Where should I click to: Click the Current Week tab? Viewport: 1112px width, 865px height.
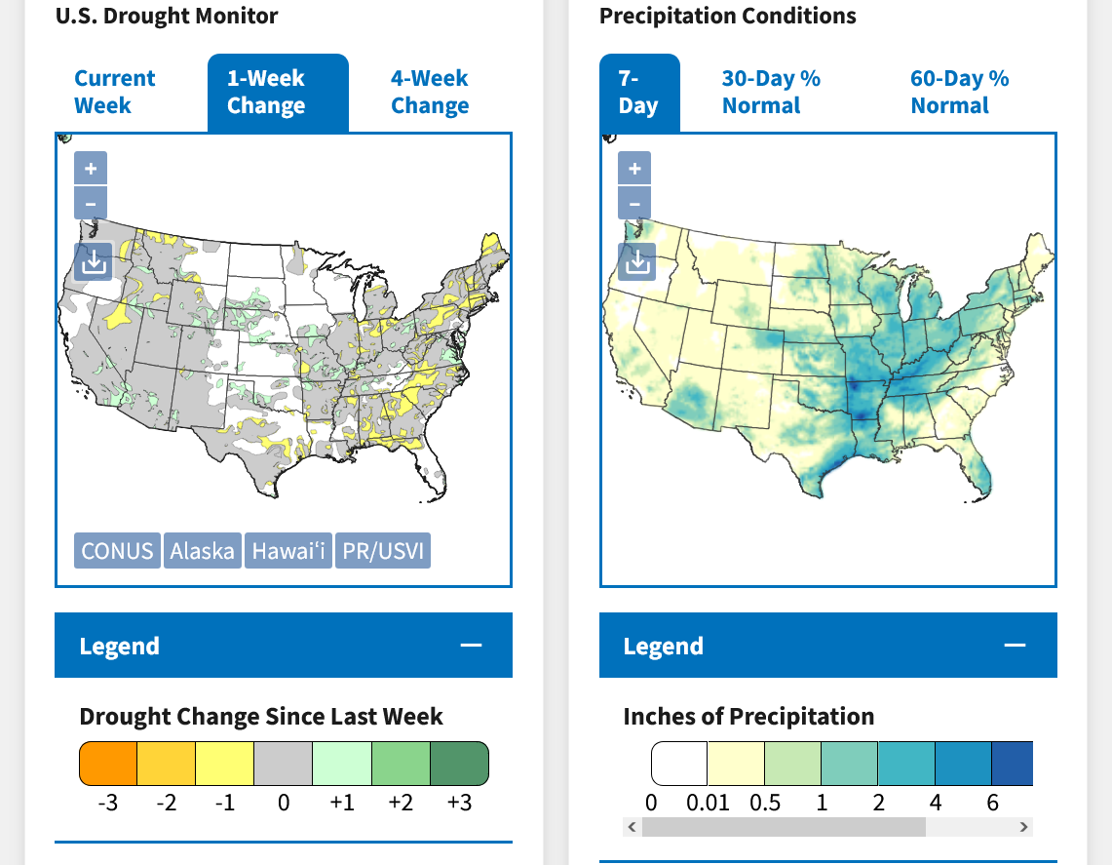point(115,92)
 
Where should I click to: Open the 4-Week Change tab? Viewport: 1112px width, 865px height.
point(430,92)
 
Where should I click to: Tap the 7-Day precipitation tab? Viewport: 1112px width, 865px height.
point(638,92)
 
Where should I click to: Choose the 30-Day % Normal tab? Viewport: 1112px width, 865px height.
point(771,92)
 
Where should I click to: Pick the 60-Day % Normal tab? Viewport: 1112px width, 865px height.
point(959,92)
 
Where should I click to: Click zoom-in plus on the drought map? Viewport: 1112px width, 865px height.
point(91,169)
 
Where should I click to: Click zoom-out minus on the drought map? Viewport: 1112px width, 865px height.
point(91,204)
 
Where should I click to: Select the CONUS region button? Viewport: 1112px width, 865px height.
point(117,551)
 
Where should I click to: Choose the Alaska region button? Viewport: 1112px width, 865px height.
point(202,551)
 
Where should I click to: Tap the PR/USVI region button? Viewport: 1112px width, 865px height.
point(383,551)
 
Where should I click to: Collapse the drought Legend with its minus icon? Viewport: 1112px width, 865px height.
point(472,646)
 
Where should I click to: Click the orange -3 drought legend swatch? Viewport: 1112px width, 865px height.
point(108,763)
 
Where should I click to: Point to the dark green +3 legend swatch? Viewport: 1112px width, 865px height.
point(458,763)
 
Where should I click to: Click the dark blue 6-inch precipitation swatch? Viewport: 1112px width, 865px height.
point(1012,763)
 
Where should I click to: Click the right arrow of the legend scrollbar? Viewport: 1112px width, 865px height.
point(1023,827)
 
